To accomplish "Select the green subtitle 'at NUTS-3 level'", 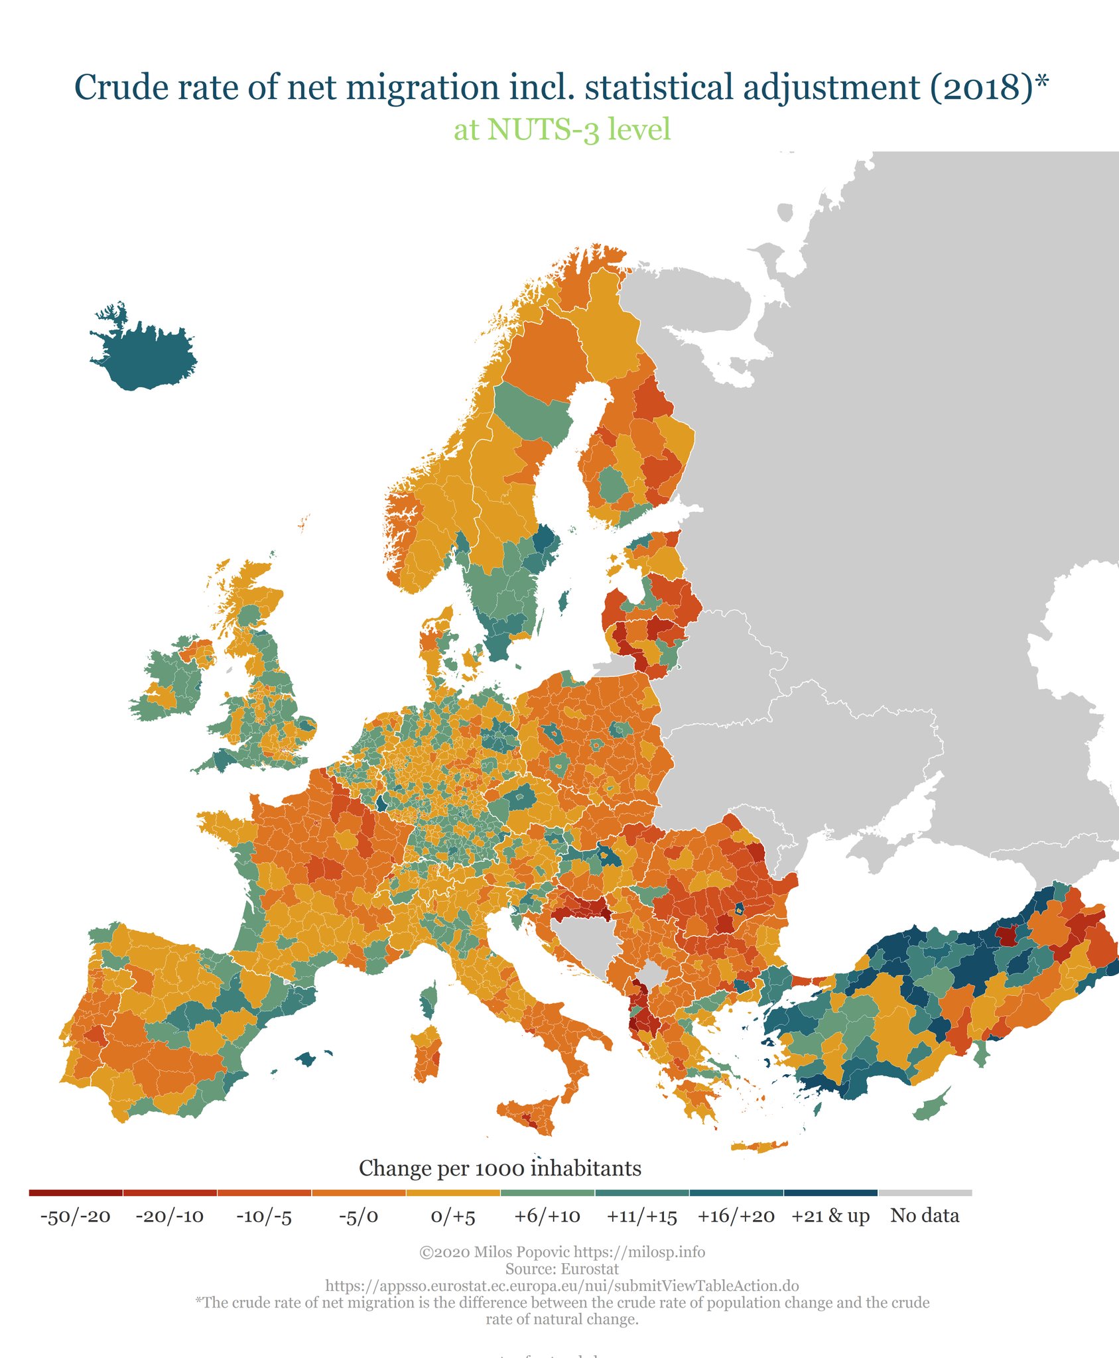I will click(562, 129).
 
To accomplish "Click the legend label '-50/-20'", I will click(76, 1217).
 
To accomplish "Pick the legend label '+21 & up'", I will click(830, 1216).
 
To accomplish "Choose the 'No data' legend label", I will click(925, 1215).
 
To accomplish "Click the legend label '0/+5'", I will click(453, 1217).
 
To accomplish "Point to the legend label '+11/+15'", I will click(641, 1217).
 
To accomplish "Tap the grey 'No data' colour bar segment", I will click(925, 1193).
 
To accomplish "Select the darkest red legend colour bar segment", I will click(76, 1193).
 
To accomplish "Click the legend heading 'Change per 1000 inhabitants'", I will click(500, 1168).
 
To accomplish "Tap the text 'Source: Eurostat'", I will click(562, 1268).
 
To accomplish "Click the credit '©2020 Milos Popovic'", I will click(495, 1252).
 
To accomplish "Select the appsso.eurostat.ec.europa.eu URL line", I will click(562, 1286).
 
